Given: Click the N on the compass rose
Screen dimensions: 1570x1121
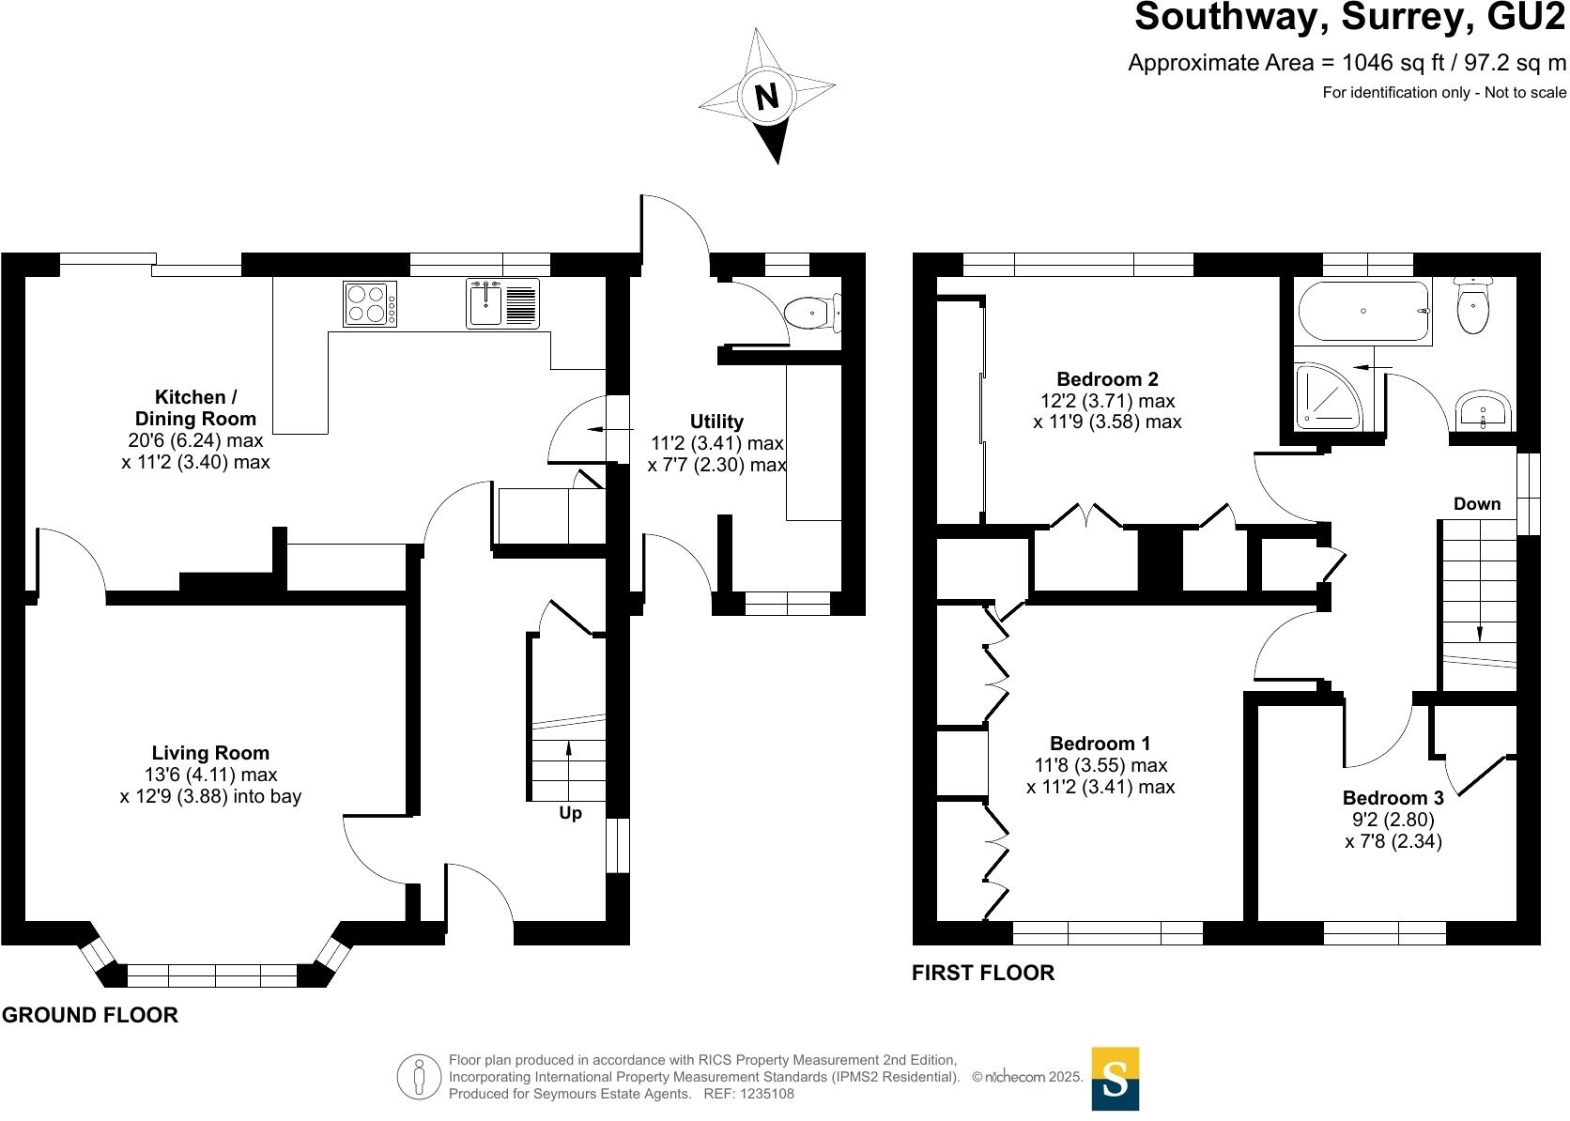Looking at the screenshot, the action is point(767,96).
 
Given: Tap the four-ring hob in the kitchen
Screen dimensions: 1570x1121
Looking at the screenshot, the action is point(370,303).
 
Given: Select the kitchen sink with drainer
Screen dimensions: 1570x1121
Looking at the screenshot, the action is point(502,303).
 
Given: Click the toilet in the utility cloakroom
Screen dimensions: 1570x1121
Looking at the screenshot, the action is point(812,313).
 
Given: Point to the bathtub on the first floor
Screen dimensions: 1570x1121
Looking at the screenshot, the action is point(1363,311).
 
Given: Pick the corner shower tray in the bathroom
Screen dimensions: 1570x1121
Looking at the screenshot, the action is point(1327,396).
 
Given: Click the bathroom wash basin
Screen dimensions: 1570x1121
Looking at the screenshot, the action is point(1483,410).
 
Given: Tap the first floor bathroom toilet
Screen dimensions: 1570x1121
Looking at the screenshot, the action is point(1473,305).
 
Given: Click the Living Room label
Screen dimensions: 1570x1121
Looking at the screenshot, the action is point(210,753).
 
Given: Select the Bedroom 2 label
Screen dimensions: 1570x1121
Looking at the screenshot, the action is point(1107,379).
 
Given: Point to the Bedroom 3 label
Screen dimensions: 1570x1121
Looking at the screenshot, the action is point(1393,797).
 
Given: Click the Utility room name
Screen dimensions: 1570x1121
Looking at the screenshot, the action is point(716,421).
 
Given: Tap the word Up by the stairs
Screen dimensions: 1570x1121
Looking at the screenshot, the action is point(570,813).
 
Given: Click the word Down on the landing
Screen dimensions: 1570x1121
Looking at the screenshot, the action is point(1477,504).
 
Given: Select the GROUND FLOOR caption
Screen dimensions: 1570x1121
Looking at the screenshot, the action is point(90,1015).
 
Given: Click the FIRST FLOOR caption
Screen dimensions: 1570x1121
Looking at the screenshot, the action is point(982,973).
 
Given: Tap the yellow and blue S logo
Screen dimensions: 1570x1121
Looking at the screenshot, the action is point(1116,1078).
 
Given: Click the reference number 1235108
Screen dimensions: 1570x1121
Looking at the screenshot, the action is point(767,1094).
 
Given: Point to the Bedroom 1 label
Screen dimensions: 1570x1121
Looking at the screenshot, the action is point(1101,743).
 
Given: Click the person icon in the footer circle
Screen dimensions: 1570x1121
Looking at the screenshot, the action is point(419,1077).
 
